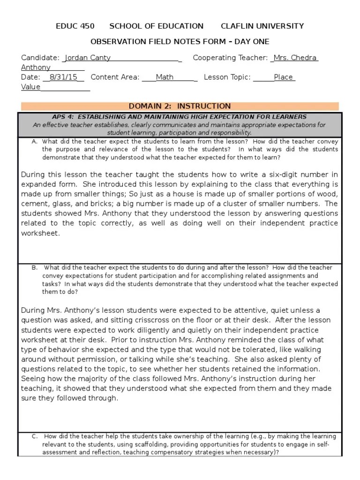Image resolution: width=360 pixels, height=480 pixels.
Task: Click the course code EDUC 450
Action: [75, 26]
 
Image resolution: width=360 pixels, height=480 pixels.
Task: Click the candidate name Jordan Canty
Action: [88, 58]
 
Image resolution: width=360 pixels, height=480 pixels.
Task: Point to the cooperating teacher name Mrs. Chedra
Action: [295, 58]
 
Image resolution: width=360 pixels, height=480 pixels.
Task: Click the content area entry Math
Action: [165, 77]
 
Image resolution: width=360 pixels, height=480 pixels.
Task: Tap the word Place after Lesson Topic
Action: [284, 77]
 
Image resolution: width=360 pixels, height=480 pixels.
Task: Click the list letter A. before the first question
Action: [35, 141]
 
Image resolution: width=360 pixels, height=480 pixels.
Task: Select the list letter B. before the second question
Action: [35, 268]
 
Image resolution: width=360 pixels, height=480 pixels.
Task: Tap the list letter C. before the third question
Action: [35, 436]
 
